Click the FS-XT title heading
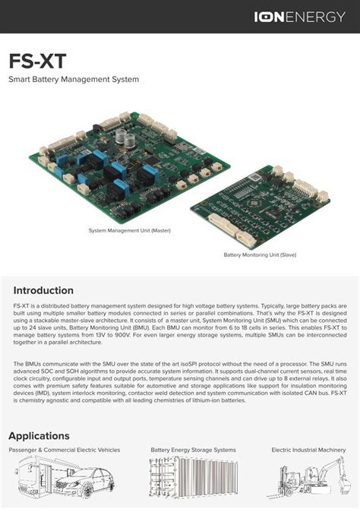point(36,61)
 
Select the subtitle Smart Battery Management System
point(74,79)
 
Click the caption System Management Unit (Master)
point(128,229)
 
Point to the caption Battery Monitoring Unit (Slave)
point(260,254)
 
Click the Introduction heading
point(43,290)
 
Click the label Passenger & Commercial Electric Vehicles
point(65,451)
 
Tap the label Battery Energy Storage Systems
point(193,451)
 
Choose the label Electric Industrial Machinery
point(308,451)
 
